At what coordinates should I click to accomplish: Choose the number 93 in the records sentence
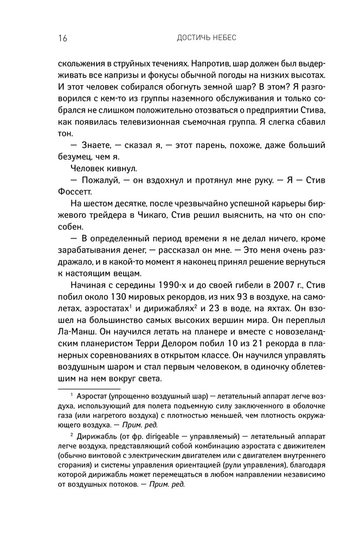point(237,298)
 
